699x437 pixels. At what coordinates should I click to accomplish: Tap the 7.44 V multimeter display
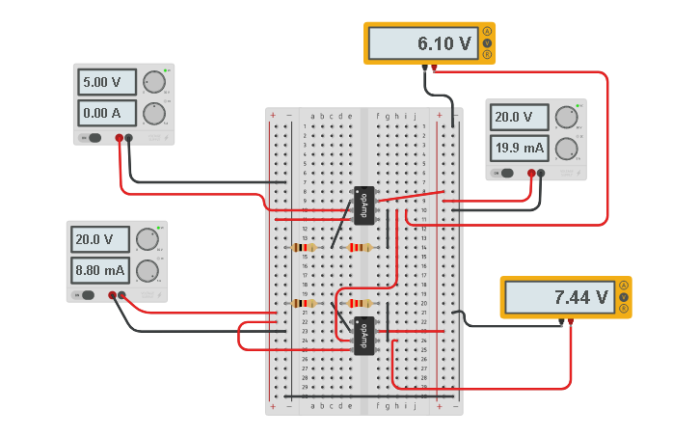pos(558,298)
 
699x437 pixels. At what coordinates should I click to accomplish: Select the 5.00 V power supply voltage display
pos(107,83)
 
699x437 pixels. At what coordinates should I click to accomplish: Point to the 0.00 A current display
pos(107,114)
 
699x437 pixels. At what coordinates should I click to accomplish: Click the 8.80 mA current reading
pos(100,270)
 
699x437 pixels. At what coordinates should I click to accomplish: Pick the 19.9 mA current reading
pos(519,148)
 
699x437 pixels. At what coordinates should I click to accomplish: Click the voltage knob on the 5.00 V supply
pos(153,83)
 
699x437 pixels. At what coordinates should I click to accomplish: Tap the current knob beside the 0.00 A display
pos(153,115)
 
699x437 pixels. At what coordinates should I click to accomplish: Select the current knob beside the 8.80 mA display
pos(147,271)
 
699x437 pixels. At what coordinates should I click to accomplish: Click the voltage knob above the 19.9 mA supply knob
pos(566,118)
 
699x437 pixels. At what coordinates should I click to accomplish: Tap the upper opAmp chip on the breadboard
pos(364,205)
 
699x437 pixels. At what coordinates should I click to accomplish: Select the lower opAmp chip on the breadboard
pos(364,336)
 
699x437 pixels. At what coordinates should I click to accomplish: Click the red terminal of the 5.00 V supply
pos(120,138)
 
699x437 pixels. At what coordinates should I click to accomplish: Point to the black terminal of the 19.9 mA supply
pos(541,174)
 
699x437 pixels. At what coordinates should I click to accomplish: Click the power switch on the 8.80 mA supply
pos(87,295)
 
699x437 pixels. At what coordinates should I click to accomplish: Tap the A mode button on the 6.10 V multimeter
pos(487,32)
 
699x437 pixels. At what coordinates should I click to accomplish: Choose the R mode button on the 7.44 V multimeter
pos(624,310)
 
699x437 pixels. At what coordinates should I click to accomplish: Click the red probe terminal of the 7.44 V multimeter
pos(571,321)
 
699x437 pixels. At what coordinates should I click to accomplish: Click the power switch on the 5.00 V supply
pos(94,138)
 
